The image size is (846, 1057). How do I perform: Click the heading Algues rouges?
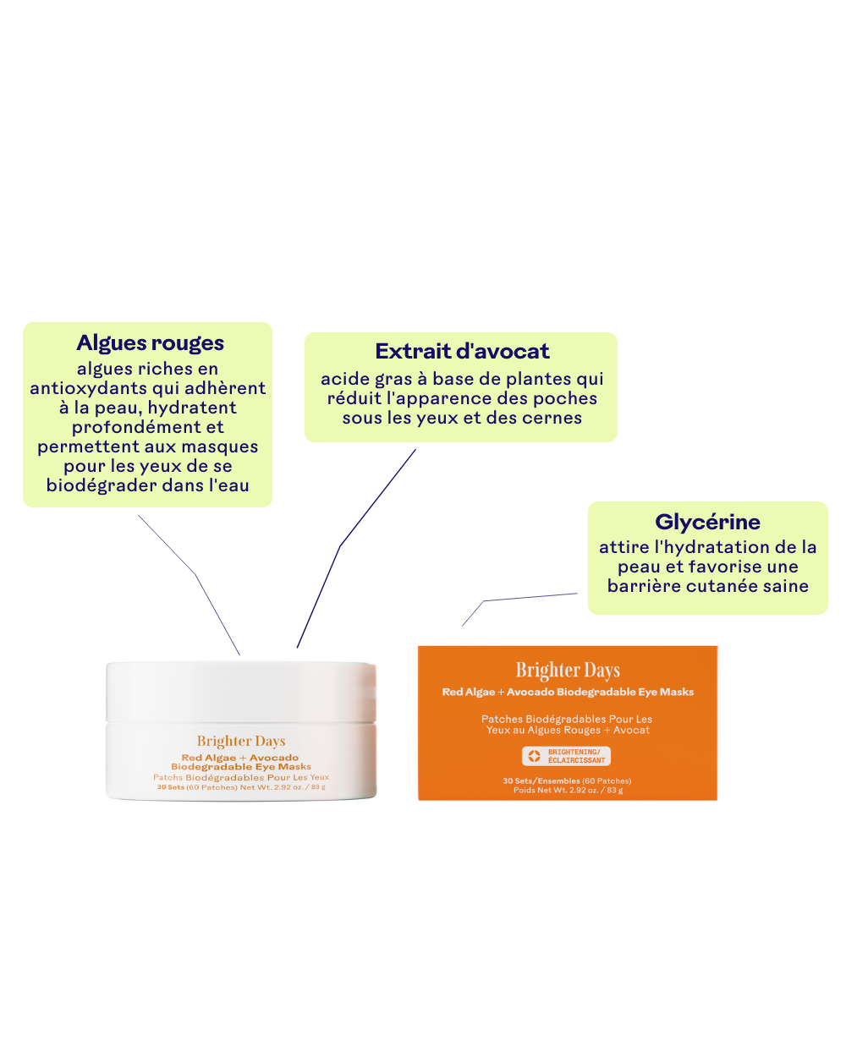(x=150, y=342)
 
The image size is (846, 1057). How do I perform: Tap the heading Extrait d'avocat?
(x=462, y=351)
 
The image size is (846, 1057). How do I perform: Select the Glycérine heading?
(x=707, y=522)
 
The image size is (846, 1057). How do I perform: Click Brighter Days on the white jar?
(x=241, y=741)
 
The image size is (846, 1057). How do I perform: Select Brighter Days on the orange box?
(x=568, y=670)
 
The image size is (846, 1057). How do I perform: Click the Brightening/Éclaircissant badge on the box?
(x=566, y=756)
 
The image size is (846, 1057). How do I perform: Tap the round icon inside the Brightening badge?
(x=534, y=756)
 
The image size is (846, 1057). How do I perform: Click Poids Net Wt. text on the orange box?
(x=568, y=791)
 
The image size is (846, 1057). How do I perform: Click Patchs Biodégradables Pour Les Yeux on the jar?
(x=241, y=777)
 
